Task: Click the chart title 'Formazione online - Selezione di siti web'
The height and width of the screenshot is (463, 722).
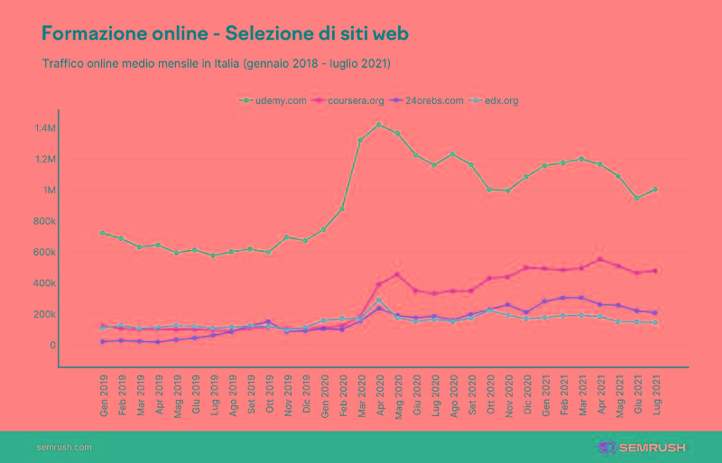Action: click(225, 33)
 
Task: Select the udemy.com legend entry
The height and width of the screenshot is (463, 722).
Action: click(275, 100)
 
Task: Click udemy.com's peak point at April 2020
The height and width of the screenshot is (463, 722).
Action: click(379, 124)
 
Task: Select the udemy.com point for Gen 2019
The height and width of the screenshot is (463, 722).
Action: click(103, 233)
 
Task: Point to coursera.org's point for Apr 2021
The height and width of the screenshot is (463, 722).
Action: click(599, 260)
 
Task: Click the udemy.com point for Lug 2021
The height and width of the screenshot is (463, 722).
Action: click(655, 190)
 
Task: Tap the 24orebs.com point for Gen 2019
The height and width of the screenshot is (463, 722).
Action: click(103, 342)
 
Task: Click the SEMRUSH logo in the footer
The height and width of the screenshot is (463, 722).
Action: click(642, 447)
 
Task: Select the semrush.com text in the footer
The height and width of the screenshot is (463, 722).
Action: click(64, 447)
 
